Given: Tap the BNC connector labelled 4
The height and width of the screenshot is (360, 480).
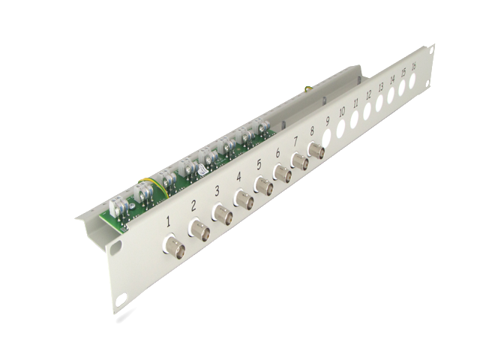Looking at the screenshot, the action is coord(244,200).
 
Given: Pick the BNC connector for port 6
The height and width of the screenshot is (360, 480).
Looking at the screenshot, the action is coord(283,173).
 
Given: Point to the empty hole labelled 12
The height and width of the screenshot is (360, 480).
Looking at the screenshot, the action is coord(367,112).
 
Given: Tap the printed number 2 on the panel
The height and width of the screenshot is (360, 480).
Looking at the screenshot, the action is coord(193,206).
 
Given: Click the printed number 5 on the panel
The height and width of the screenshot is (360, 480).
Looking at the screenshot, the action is coord(259,165).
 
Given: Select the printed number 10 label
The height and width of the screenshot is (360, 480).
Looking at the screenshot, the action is coord(342,112).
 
